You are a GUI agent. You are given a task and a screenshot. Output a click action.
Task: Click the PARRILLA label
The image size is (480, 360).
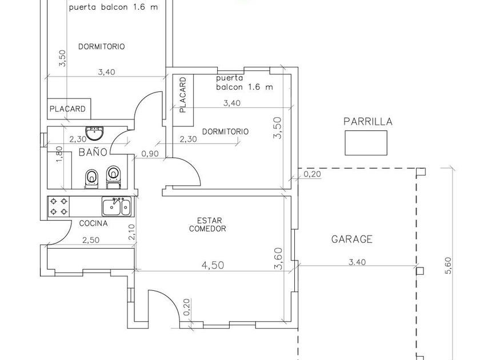click(x=367, y=122)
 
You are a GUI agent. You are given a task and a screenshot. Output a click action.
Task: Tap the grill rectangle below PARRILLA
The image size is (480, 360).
click(x=366, y=143)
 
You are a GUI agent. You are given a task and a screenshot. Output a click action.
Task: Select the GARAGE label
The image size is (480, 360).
click(x=352, y=239)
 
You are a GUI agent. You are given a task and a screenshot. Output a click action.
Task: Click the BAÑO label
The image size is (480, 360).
click(x=93, y=152)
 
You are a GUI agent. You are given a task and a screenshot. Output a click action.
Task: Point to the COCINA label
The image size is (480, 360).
click(x=93, y=223)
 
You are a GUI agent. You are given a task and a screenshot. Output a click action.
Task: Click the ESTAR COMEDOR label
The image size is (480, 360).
click(x=208, y=225)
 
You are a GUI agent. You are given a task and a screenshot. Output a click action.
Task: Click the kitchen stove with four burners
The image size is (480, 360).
click(x=59, y=206)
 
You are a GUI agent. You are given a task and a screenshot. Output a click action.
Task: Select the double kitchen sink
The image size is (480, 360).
click(x=117, y=206)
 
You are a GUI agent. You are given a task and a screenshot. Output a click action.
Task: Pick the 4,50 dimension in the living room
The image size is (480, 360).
click(x=213, y=265)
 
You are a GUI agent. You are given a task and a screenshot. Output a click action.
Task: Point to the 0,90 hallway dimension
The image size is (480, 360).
click(x=150, y=154)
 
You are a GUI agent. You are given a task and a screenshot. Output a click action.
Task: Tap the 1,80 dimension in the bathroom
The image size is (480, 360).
click(x=59, y=155)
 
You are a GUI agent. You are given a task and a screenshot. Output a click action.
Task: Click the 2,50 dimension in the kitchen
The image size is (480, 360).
click(x=91, y=241)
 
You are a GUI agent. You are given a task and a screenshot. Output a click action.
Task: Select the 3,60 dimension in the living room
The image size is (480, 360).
click(x=278, y=259)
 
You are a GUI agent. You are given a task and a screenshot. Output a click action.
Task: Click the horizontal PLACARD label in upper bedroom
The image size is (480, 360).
click(x=67, y=109)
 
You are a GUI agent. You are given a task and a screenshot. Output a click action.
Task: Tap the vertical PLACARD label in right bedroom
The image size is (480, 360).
click(x=183, y=95)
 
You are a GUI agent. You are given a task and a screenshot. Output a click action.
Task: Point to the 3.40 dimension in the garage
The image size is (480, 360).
click(x=357, y=262)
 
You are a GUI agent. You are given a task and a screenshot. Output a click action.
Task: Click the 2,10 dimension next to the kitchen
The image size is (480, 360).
click(x=131, y=232)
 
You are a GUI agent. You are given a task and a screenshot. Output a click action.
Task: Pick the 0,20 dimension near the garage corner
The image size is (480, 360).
click(x=312, y=174)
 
